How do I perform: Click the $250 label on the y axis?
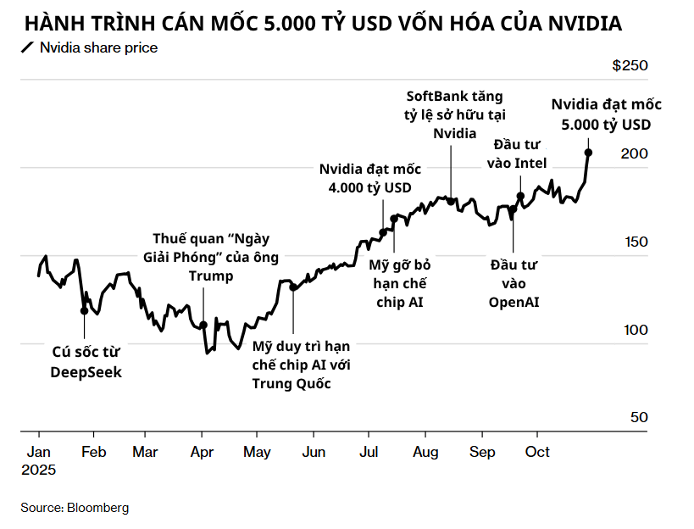click(x=630, y=66)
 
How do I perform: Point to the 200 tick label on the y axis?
click(x=635, y=153)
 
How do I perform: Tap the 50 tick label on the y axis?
click(x=640, y=417)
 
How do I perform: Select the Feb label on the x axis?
click(x=93, y=452)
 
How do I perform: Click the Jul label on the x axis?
click(x=369, y=452)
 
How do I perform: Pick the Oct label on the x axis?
click(x=537, y=452)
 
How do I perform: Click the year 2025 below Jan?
click(x=39, y=470)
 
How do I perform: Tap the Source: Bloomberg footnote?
click(x=75, y=507)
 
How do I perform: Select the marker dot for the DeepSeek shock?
click(x=84, y=310)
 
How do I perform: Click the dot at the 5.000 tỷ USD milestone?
click(x=588, y=153)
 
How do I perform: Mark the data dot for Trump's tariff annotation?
click(x=203, y=326)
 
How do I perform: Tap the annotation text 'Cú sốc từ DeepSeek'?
click(x=86, y=364)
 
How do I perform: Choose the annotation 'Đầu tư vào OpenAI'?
click(x=514, y=283)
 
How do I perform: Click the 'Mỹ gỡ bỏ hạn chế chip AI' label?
click(x=399, y=283)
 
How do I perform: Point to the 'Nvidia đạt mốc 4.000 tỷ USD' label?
click(x=369, y=177)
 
